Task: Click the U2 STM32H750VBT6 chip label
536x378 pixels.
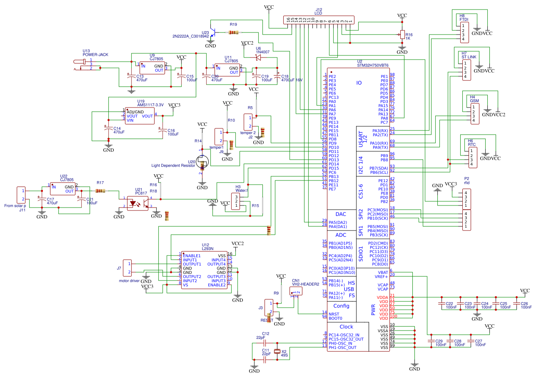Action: [373, 65]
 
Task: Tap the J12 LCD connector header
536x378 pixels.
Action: [319, 20]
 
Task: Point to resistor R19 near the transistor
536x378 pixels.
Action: [233, 33]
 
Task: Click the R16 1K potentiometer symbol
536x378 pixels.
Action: [402, 35]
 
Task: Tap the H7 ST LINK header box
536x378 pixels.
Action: [467, 69]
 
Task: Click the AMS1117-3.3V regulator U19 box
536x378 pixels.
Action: [140, 116]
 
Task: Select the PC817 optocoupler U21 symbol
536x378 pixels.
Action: [137, 202]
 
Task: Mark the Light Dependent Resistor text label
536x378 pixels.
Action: [173, 165]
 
